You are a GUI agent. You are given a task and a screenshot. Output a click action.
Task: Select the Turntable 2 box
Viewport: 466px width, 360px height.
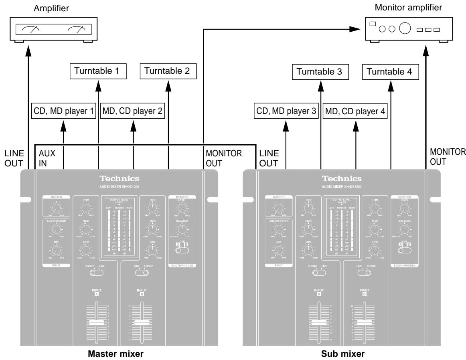tap(168, 73)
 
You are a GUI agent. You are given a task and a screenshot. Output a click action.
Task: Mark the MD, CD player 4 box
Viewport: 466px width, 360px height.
tap(355, 111)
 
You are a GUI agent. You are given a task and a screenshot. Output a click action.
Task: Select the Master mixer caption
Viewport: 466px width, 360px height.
tap(119, 355)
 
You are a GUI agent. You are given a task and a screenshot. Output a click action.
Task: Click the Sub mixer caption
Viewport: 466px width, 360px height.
tap(342, 355)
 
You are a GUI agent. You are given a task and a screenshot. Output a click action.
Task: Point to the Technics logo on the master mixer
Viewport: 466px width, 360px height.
tap(120, 179)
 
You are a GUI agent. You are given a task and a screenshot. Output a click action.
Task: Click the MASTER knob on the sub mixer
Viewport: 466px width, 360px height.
tap(277, 207)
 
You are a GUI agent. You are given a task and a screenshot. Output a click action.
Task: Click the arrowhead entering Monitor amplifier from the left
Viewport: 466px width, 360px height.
tap(355, 29)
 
